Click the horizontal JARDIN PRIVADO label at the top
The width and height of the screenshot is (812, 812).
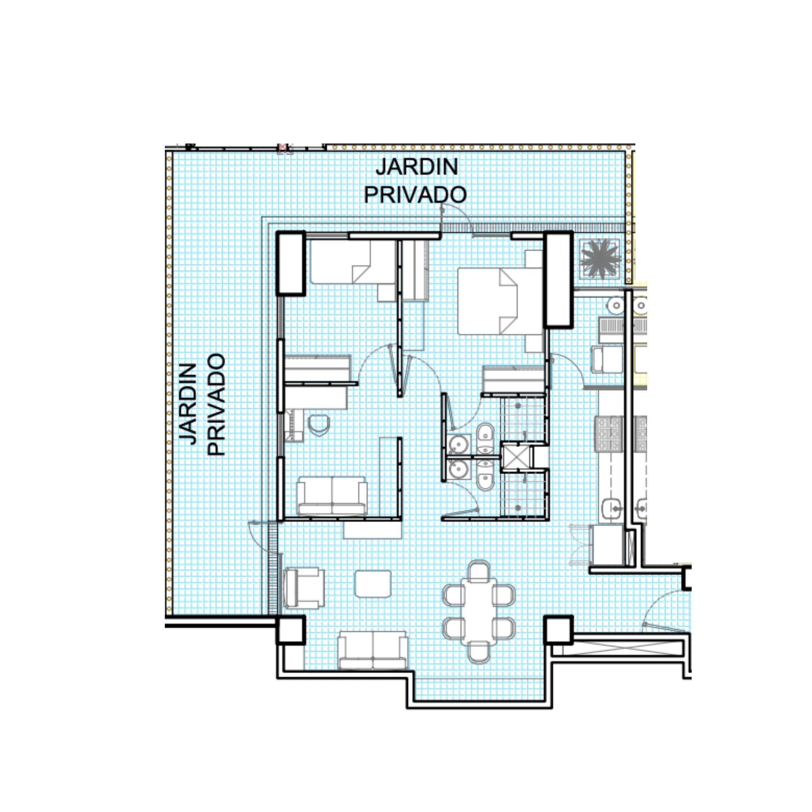(415, 181)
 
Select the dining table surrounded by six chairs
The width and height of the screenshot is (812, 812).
(479, 613)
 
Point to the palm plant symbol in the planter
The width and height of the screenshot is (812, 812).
(600, 259)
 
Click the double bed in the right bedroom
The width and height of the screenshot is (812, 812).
(500, 301)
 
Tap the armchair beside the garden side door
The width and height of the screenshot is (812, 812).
(304, 588)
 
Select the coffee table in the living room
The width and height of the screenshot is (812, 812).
(373, 584)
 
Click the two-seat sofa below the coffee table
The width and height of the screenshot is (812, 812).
(373, 650)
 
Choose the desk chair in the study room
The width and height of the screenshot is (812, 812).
(318, 425)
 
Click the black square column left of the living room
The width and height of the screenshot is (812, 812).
(290, 630)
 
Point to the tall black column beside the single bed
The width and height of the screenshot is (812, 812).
(290, 263)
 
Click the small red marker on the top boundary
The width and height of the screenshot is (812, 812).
(285, 147)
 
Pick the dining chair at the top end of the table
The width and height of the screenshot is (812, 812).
(479, 571)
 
